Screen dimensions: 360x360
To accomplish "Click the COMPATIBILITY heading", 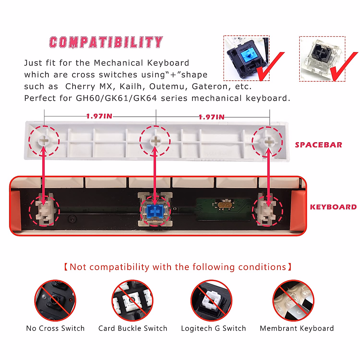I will click(x=106, y=42).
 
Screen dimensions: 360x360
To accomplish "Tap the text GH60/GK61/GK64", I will click(x=116, y=98).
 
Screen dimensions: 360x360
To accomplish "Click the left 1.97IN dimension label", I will click(x=99, y=116).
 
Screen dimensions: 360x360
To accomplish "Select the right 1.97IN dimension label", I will click(x=211, y=117).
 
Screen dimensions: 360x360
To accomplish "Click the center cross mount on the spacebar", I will click(x=155, y=140).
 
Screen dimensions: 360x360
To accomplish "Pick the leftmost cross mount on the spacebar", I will click(x=44, y=140).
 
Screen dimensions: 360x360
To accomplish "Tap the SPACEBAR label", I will click(x=318, y=145).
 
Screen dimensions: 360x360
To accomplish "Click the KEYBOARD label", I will click(x=333, y=207).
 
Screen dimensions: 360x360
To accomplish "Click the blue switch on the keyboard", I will click(x=155, y=210).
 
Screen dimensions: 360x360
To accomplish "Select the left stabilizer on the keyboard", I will click(x=44, y=210).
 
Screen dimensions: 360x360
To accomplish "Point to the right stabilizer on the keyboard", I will click(x=267, y=210).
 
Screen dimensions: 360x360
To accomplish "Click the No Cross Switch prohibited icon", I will click(x=55, y=300).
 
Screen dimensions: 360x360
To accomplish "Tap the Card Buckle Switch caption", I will click(x=133, y=328).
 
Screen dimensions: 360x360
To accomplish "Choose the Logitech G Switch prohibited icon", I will click(x=211, y=300).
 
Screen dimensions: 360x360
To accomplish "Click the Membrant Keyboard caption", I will click(x=297, y=328).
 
